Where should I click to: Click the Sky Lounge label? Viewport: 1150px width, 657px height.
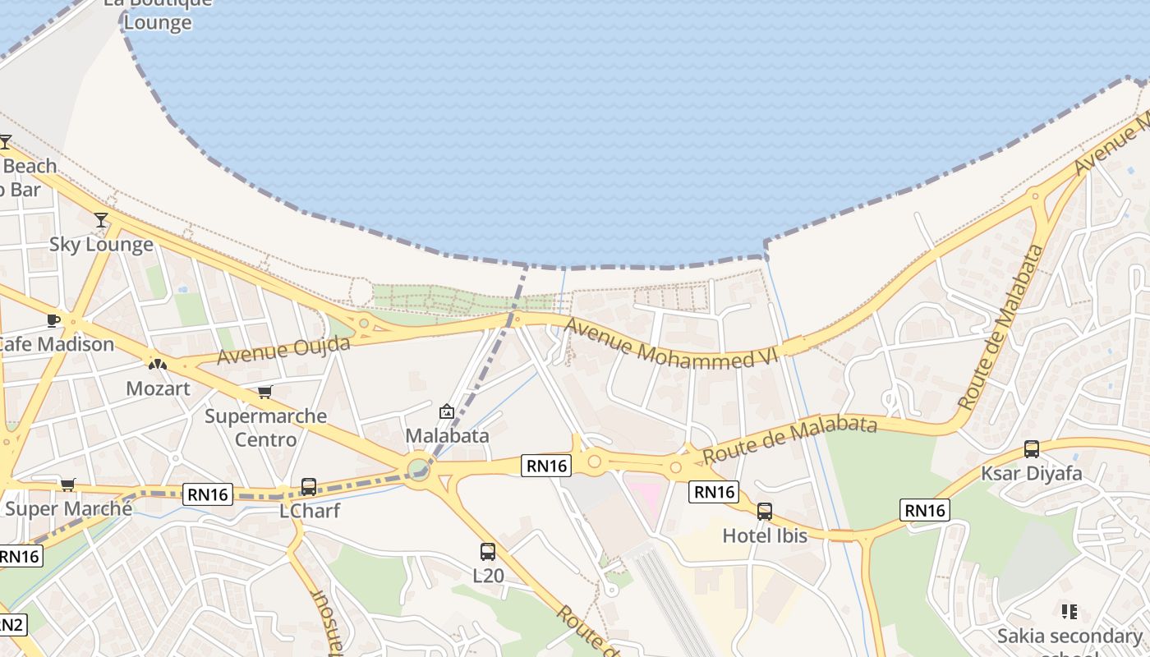pyautogui.click(x=101, y=245)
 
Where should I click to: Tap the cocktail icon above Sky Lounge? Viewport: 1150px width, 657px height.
pyautogui.click(x=101, y=220)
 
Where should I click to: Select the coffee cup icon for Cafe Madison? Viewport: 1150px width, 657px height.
pyautogui.click(x=53, y=320)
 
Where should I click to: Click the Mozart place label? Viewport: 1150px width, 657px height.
pyautogui.click(x=158, y=388)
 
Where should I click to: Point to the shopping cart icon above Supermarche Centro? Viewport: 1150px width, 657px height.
pyautogui.click(x=264, y=392)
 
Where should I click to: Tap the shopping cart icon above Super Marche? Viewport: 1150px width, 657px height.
pyautogui.click(x=67, y=485)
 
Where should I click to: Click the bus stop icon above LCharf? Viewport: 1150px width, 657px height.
pyautogui.click(x=309, y=487)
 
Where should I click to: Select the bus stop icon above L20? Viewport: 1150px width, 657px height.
pyautogui.click(x=488, y=552)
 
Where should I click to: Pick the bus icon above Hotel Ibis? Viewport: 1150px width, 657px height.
pyautogui.click(x=765, y=512)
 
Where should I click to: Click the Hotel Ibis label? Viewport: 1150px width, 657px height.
pyautogui.click(x=765, y=535)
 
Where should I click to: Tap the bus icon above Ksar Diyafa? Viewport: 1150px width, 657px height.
pyautogui.click(x=1032, y=449)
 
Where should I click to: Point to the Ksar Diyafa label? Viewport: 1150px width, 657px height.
pyautogui.click(x=1032, y=474)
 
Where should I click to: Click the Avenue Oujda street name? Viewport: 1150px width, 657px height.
pyautogui.click(x=283, y=350)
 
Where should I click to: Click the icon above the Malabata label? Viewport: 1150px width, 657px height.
pyautogui.click(x=447, y=411)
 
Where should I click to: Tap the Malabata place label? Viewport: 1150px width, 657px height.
pyautogui.click(x=448, y=435)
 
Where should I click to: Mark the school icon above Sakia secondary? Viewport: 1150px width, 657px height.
pyautogui.click(x=1069, y=612)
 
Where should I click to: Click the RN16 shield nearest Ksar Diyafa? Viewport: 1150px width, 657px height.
pyautogui.click(x=925, y=510)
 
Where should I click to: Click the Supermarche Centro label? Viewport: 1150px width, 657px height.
pyautogui.click(x=265, y=427)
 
